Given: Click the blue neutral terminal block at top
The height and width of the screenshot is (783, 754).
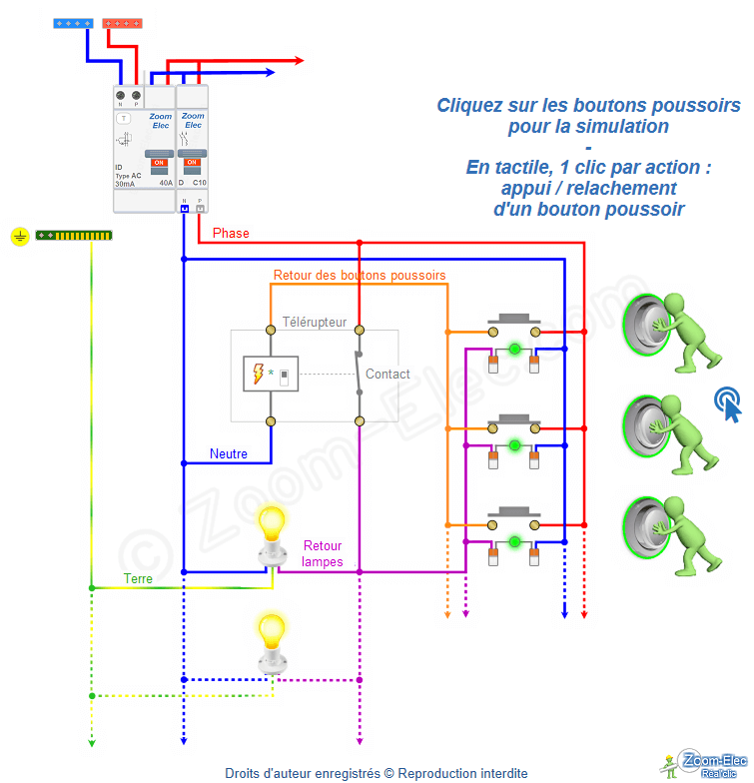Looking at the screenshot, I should tap(75, 22).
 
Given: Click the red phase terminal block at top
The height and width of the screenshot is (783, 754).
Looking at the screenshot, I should tap(122, 22).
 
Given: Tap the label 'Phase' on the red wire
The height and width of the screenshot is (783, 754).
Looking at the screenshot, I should tap(231, 234).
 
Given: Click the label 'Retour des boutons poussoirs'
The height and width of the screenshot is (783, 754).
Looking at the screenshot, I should tap(360, 275).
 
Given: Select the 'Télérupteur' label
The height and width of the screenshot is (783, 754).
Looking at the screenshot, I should tap(315, 323).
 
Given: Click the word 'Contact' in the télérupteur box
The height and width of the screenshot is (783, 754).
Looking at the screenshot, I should tap(387, 375).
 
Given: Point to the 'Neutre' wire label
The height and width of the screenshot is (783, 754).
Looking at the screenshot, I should tap(229, 453).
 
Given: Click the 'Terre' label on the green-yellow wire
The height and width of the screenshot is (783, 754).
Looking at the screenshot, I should tap(138, 578).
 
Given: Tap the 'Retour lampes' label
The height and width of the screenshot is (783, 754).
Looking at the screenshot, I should tap(323, 553).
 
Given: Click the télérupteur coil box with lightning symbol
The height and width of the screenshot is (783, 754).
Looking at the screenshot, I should tap(270, 375).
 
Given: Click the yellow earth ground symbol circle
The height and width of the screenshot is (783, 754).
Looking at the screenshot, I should tap(18, 236).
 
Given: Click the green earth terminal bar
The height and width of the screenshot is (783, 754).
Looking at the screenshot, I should tap(74, 236).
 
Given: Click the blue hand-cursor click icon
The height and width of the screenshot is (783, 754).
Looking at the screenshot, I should tap(728, 404).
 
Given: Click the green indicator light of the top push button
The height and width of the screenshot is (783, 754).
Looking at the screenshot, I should tap(514, 349).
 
